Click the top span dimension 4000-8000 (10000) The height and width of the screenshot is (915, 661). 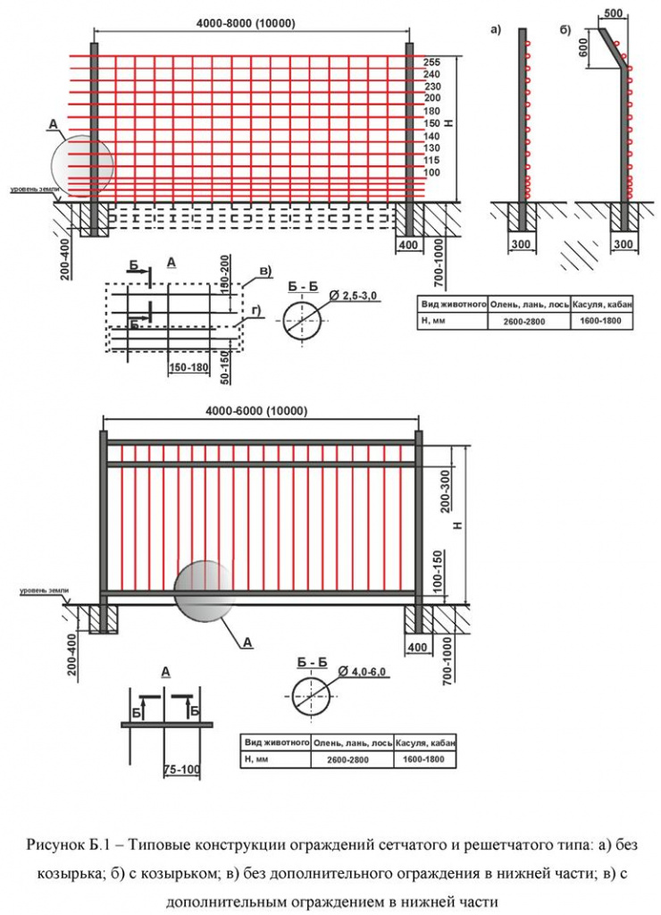[246, 23]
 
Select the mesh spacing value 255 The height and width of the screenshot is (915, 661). [432, 63]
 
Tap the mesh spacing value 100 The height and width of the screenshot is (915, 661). [431, 172]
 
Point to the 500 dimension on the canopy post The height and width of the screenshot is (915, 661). [613, 13]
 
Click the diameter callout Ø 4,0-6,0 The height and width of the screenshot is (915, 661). [362, 672]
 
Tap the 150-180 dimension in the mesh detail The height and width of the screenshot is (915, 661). [188, 367]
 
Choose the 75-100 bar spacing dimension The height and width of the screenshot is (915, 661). [182, 769]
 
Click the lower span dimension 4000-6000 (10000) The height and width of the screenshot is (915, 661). [256, 411]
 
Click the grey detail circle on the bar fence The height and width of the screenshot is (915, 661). [205, 592]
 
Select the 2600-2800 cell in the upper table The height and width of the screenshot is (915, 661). [524, 321]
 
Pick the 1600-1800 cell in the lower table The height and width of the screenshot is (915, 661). [423, 760]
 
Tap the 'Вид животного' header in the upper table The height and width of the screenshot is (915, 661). [454, 305]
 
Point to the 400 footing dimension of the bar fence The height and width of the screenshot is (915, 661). [417, 647]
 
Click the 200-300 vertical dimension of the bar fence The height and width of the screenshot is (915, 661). [447, 492]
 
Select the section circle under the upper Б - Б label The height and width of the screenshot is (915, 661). [302, 321]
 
